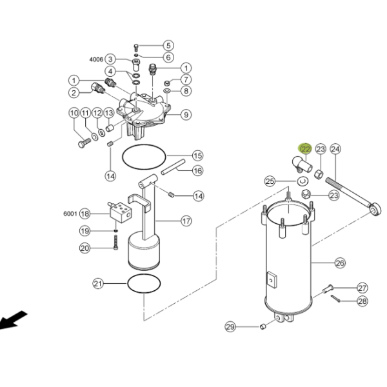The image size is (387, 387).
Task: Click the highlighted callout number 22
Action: (305, 149)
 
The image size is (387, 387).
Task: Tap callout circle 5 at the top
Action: (168, 45)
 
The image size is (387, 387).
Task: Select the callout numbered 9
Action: (186, 115)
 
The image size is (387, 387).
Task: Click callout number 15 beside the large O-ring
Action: (198, 155)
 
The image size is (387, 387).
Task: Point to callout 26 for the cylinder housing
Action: (340, 263)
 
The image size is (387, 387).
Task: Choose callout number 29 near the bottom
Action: (230, 327)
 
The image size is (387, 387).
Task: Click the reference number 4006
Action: (96, 59)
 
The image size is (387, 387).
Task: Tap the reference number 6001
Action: (70, 213)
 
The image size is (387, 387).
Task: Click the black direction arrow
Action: (12, 321)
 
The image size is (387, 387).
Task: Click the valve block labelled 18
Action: (121, 212)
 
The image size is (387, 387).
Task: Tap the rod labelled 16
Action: (173, 167)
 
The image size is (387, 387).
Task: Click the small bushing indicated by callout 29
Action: (263, 327)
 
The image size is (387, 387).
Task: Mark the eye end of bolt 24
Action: (375, 209)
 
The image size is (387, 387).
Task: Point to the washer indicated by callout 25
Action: (303, 181)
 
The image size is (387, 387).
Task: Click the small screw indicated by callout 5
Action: (135, 48)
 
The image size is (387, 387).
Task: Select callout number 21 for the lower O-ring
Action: (98, 284)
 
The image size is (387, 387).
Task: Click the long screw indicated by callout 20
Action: (115, 243)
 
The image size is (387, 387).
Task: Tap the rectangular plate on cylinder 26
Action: (272, 280)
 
